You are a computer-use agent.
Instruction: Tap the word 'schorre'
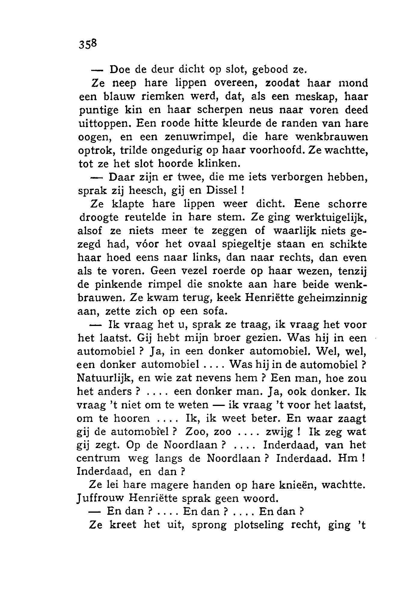click(346, 204)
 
